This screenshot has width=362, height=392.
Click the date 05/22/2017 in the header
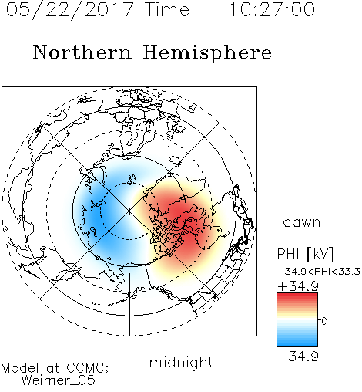point(69,10)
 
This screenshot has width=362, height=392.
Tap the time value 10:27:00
point(272,9)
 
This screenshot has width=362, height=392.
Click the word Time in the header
point(167,9)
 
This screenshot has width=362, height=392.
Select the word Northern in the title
point(82,52)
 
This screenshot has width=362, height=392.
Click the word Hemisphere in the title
point(207,53)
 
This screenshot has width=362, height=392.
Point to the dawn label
point(302,222)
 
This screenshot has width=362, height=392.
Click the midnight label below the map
point(181,363)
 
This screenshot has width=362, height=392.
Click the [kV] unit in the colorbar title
point(320,254)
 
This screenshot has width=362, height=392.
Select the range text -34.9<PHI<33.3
point(319,272)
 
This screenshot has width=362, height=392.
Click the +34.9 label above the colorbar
point(298,286)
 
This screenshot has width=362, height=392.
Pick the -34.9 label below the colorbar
point(298,357)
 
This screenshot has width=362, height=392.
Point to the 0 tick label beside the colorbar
point(324,321)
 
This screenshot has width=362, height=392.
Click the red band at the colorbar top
point(297,298)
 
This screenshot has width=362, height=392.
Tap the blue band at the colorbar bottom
point(297,342)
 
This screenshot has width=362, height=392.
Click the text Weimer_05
point(59,380)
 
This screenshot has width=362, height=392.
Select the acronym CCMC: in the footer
point(88,368)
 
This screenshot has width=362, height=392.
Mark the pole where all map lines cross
point(129,211)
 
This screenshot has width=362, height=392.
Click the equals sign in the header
point(209,10)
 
